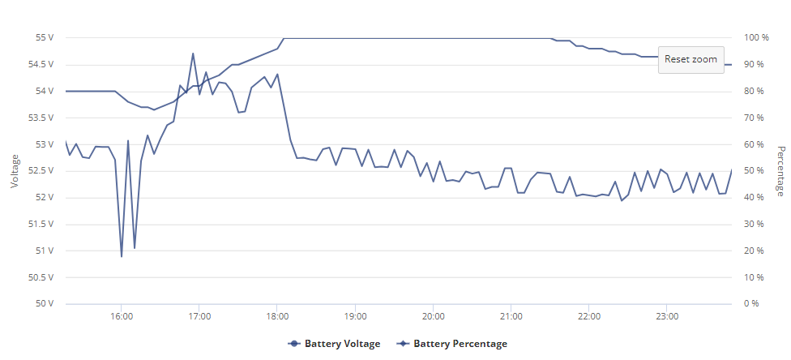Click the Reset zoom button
[x=691, y=59]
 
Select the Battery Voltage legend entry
[x=334, y=344]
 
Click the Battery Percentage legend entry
[x=452, y=344]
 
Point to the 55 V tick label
[x=45, y=38]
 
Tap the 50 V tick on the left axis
[x=45, y=304]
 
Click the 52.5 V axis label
[x=42, y=171]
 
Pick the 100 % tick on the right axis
[x=756, y=38]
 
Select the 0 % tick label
[x=751, y=304]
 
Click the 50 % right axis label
[x=755, y=171]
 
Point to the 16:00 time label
[x=122, y=317]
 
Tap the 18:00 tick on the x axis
[x=277, y=317]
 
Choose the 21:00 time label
[x=511, y=317]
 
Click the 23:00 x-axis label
[x=667, y=317]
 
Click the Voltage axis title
[x=15, y=171]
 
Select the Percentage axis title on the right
[x=781, y=171]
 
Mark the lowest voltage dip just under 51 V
[x=122, y=256]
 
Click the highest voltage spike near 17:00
[x=193, y=53]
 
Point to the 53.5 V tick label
[x=42, y=118]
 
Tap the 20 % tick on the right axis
[x=755, y=251]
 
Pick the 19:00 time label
[x=355, y=317]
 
